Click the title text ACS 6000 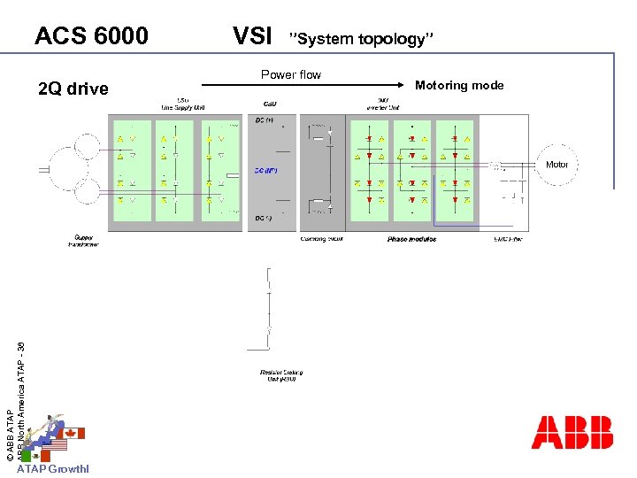pos(91,36)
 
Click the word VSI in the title pos(251,36)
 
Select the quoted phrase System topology pos(362,39)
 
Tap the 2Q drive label pos(73,89)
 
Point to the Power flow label pos(291,74)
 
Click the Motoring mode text pos(459,86)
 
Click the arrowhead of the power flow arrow pos(418,85)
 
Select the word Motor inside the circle pos(557,165)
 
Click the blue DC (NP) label pos(265,170)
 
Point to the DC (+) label pos(264,120)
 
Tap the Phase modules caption pos(411,239)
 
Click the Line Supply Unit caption pos(181,104)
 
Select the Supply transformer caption pos(83,241)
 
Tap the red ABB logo pos(572,432)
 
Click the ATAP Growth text pos(53,469)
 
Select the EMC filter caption pos(507,239)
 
